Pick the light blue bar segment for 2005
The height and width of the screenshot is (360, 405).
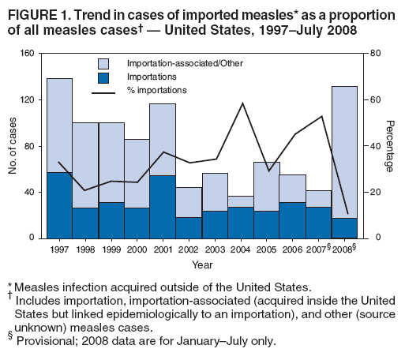click(266, 186)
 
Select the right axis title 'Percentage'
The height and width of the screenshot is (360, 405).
click(389, 146)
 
